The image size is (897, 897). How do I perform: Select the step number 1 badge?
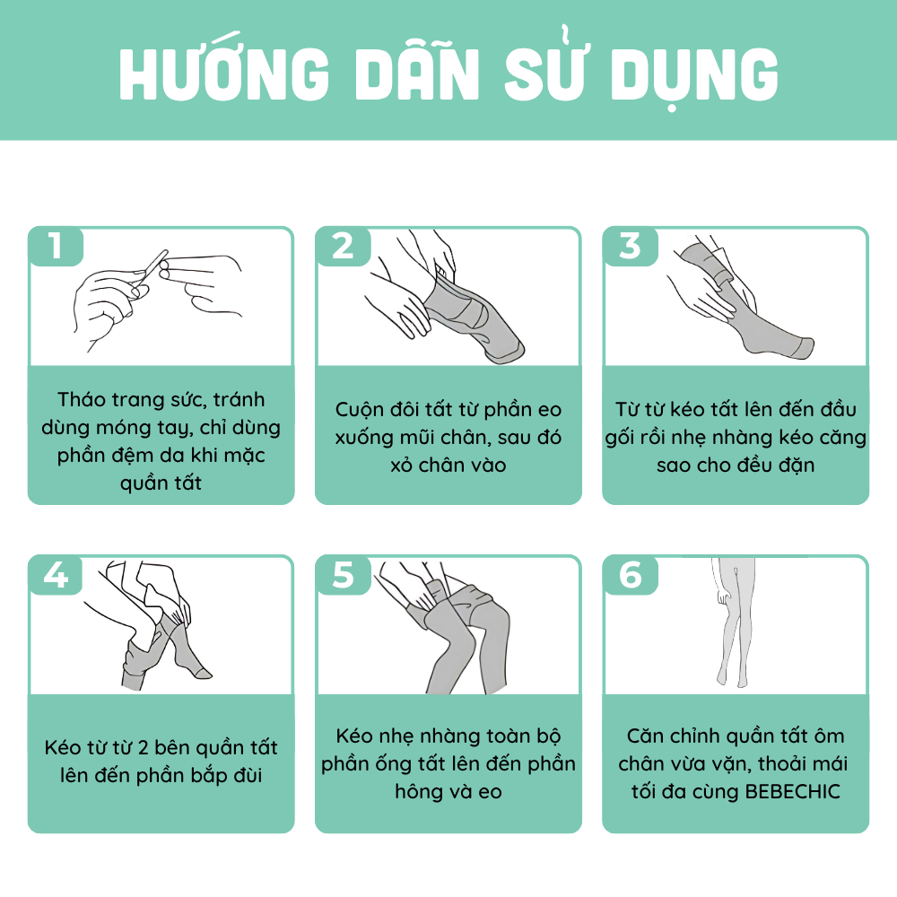56,246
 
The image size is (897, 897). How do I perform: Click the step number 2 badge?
343,246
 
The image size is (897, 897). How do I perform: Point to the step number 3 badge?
630,246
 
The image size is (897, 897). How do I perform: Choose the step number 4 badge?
56,574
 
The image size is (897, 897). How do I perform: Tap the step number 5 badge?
343,574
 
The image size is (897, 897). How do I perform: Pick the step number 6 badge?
630,574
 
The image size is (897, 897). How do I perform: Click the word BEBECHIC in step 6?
793,792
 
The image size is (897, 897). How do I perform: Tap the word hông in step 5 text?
418,793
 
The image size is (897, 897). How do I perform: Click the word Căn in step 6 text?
645,736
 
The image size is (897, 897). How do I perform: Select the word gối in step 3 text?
618,439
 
